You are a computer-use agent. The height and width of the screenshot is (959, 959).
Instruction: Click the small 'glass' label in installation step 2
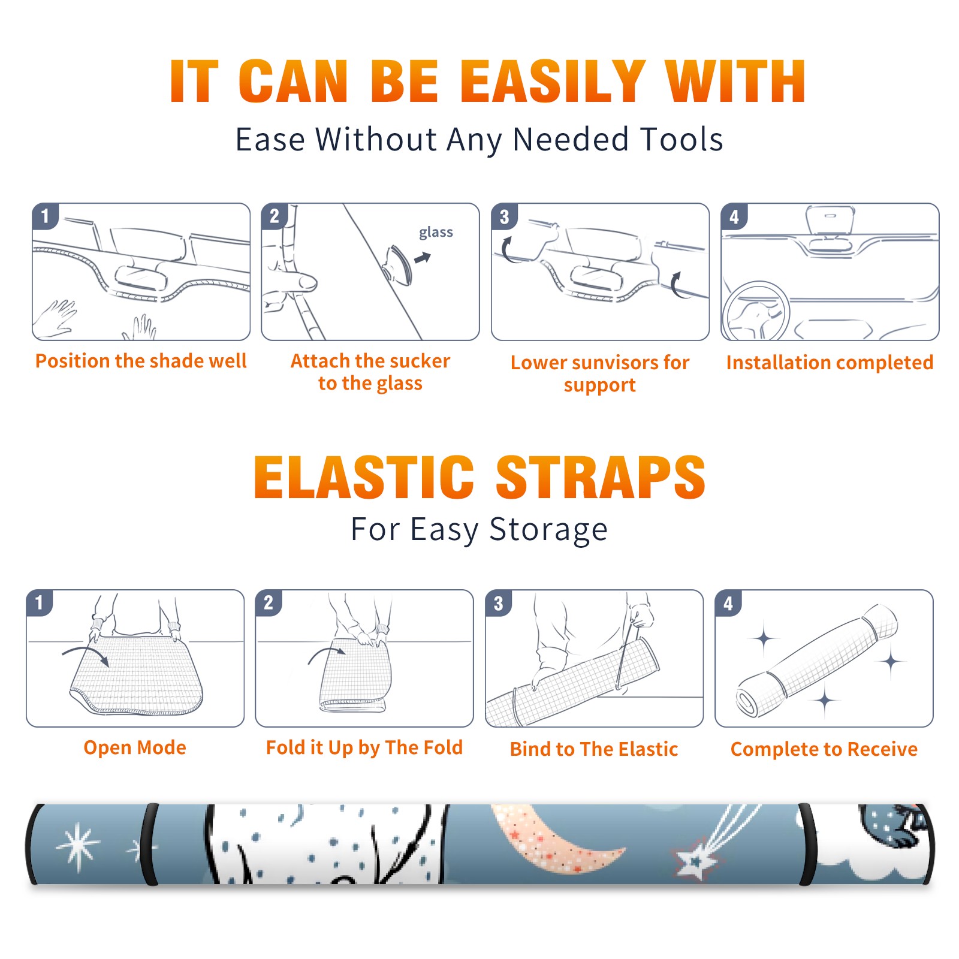(x=436, y=233)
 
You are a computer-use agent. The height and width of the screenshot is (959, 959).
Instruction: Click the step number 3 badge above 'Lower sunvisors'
(x=504, y=216)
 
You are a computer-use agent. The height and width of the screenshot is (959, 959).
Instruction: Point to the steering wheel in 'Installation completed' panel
(x=756, y=311)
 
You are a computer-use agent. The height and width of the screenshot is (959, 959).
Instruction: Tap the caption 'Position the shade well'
(x=141, y=361)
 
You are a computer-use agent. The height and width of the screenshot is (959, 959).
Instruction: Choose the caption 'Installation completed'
(x=830, y=363)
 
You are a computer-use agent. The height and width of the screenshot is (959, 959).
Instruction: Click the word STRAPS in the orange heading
(x=601, y=477)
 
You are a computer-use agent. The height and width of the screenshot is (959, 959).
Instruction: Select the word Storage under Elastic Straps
(x=548, y=530)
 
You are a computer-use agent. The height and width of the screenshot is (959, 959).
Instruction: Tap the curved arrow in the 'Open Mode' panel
(x=86, y=654)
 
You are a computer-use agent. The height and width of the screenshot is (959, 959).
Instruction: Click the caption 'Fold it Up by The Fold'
(x=364, y=748)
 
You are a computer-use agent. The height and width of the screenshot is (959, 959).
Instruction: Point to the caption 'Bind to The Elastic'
(x=594, y=749)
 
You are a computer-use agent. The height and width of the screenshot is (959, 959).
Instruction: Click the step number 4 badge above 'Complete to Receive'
(x=728, y=603)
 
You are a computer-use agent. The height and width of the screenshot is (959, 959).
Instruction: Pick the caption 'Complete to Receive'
(x=824, y=749)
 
